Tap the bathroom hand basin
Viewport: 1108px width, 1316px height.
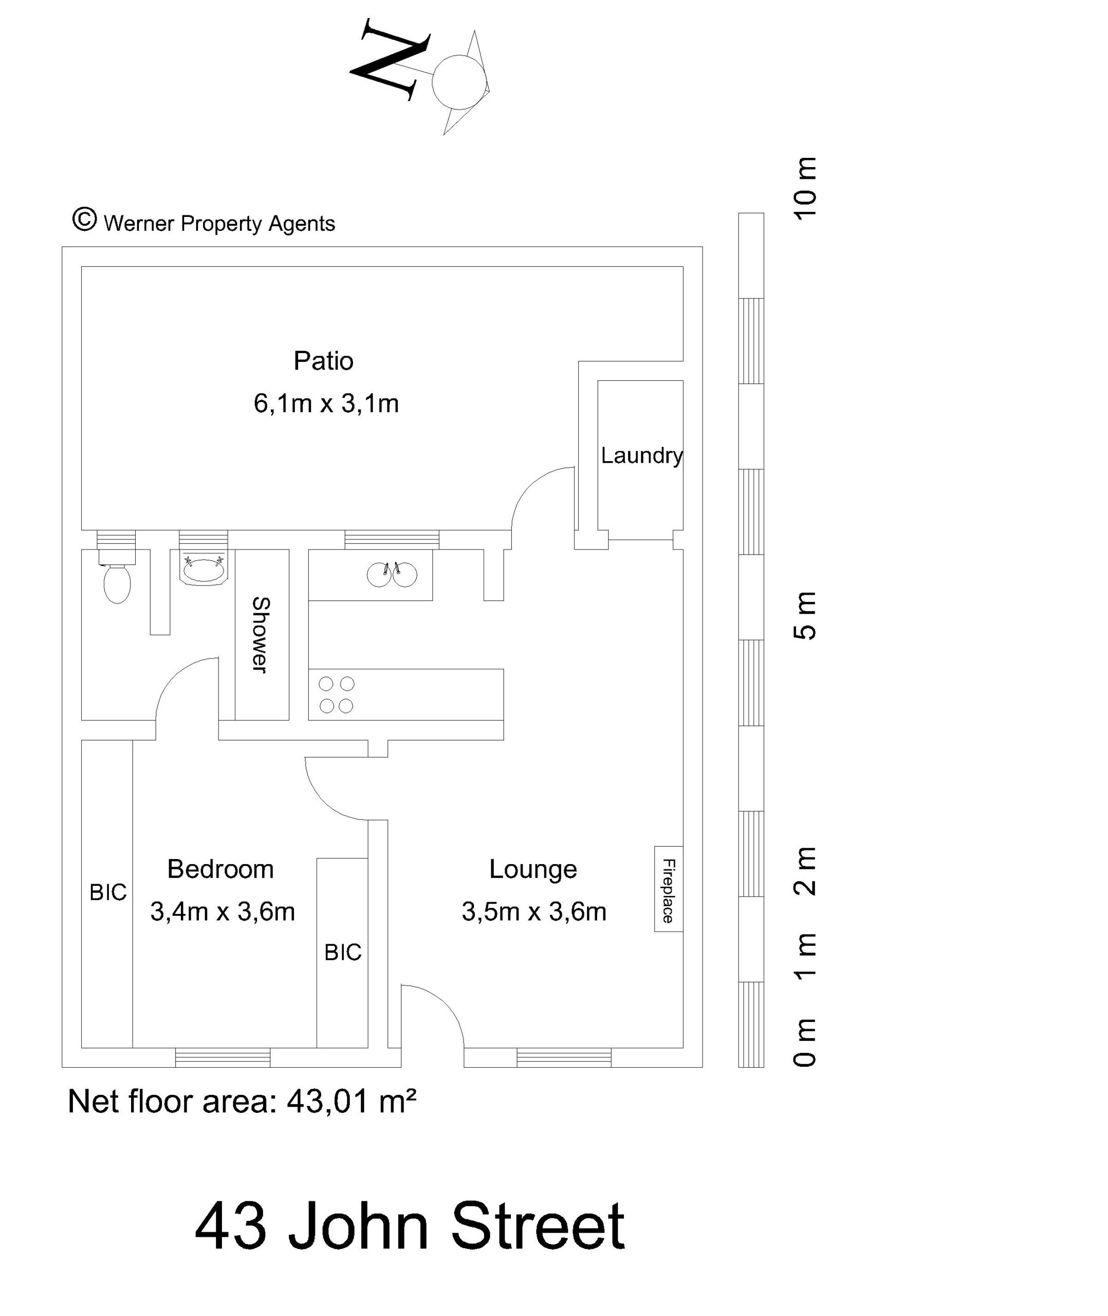[x=204, y=569]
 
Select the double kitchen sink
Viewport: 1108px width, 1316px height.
[x=392, y=574]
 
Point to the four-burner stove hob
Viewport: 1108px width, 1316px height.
[x=337, y=694]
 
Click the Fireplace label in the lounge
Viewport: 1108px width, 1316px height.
[x=668, y=890]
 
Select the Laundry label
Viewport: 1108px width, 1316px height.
[x=642, y=456]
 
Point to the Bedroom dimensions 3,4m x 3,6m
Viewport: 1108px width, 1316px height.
[x=223, y=911]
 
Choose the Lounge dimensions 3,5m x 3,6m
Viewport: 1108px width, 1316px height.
[x=534, y=911]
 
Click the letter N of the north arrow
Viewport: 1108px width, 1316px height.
[x=390, y=59]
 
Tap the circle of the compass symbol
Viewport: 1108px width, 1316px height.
[x=459, y=82]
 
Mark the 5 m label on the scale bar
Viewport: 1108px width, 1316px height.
[x=805, y=616]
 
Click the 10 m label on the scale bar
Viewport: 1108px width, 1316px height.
[x=805, y=188]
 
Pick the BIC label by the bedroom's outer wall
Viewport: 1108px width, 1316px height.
[x=108, y=892]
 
